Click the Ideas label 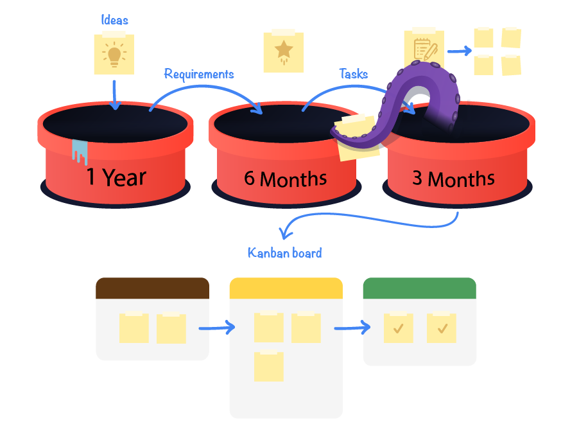pyautogui.click(x=114, y=20)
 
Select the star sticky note pyautogui.click(x=283, y=51)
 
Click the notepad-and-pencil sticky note pyautogui.click(x=424, y=48)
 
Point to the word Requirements pyautogui.click(x=198, y=74)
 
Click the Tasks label pyautogui.click(x=353, y=74)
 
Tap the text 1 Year pyautogui.click(x=117, y=177)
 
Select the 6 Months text pyautogui.click(x=285, y=178)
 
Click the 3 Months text pyautogui.click(x=453, y=178)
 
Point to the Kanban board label pyautogui.click(x=284, y=252)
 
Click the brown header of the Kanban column pyautogui.click(x=152, y=288)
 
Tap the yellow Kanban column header pyautogui.click(x=286, y=288)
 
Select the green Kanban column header pyautogui.click(x=419, y=288)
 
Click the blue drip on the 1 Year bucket pyautogui.click(x=80, y=152)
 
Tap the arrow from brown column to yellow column pyautogui.click(x=217, y=328)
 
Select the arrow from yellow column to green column pyautogui.click(x=352, y=328)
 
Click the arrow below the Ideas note pyautogui.click(x=114, y=94)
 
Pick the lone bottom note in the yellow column pyautogui.click(x=268, y=366)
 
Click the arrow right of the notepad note pyautogui.click(x=458, y=50)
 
